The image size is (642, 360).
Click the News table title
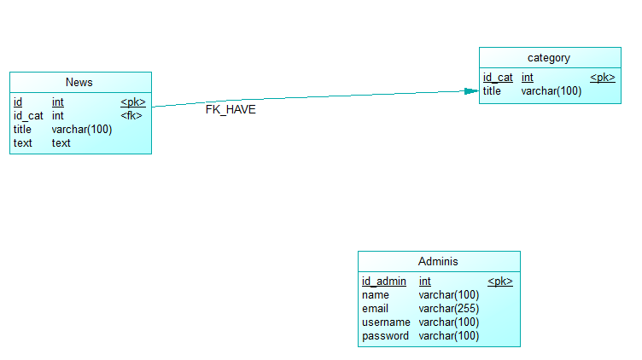[x=79, y=82]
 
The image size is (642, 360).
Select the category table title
[x=549, y=58]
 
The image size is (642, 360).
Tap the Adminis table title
[x=438, y=261]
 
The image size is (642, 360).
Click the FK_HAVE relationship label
[x=231, y=109]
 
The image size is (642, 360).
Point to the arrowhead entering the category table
[x=470, y=90]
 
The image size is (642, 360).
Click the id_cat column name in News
[x=28, y=115]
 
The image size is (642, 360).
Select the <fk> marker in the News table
[x=131, y=115]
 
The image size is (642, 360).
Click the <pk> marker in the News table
[x=132, y=102]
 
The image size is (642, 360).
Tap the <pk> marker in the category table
[x=602, y=78]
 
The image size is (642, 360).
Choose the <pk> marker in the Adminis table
[x=499, y=282]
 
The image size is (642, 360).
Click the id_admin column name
[x=383, y=282]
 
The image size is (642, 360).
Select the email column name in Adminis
[x=375, y=309]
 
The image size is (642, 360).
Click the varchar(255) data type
[x=448, y=309]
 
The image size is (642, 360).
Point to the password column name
[x=385, y=336]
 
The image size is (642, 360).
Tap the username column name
[x=386, y=322]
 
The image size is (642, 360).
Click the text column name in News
[x=22, y=142]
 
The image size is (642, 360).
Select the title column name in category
[x=492, y=91]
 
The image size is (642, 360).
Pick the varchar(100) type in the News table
[x=82, y=129]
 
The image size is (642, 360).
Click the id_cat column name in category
[x=498, y=78]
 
